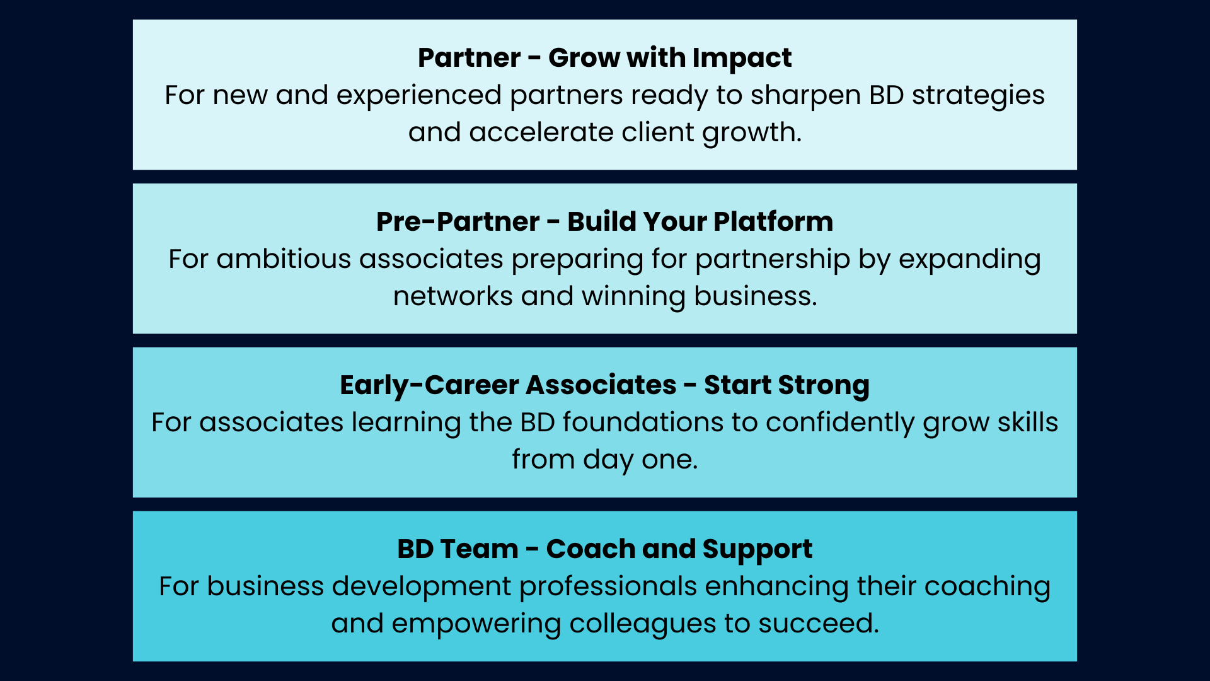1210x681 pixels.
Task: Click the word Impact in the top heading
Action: point(742,59)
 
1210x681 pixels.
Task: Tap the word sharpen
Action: point(806,96)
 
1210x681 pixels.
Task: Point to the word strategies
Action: point(978,96)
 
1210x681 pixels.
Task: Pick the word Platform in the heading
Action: point(773,221)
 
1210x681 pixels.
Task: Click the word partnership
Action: point(773,260)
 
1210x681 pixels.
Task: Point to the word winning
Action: point(633,297)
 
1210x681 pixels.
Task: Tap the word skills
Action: point(1027,422)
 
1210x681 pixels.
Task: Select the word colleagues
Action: point(643,624)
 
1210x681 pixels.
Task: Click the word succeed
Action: point(819,624)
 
